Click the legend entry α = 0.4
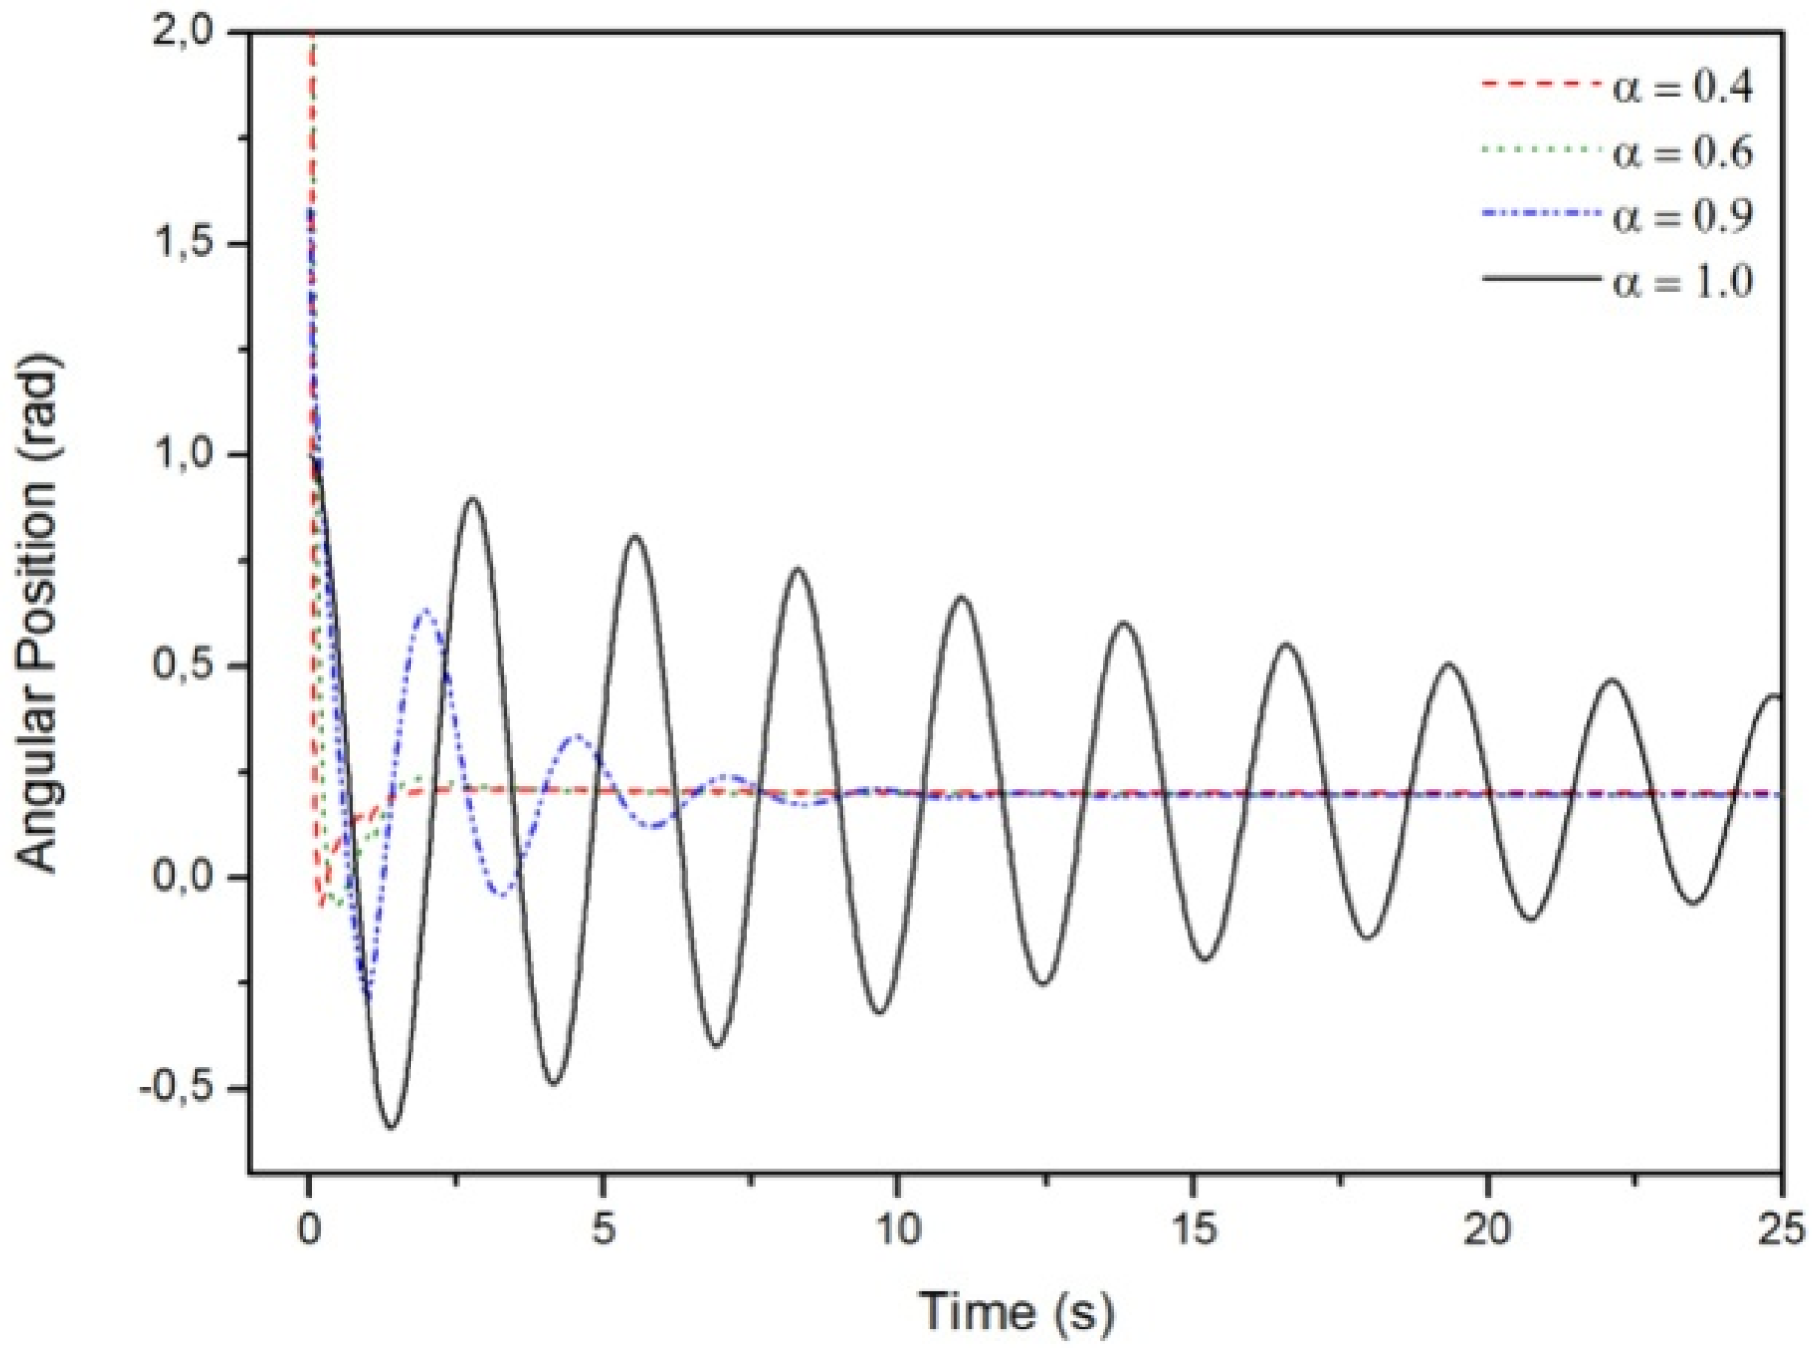point(1682,87)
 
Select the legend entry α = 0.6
point(1682,153)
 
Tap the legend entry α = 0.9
point(1682,216)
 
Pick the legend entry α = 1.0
point(1682,282)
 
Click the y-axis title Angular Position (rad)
point(39,613)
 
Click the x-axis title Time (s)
point(1016,1311)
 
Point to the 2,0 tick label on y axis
point(182,32)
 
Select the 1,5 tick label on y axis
point(182,243)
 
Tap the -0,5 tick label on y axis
point(176,1088)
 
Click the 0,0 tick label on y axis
point(182,876)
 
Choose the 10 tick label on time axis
point(897,1229)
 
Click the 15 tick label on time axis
point(1193,1229)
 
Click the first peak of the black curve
point(473,499)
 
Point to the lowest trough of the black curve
point(390,1128)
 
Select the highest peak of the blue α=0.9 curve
point(426,610)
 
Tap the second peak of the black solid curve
point(636,536)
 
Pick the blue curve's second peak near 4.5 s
point(577,736)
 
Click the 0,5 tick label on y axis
point(182,666)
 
